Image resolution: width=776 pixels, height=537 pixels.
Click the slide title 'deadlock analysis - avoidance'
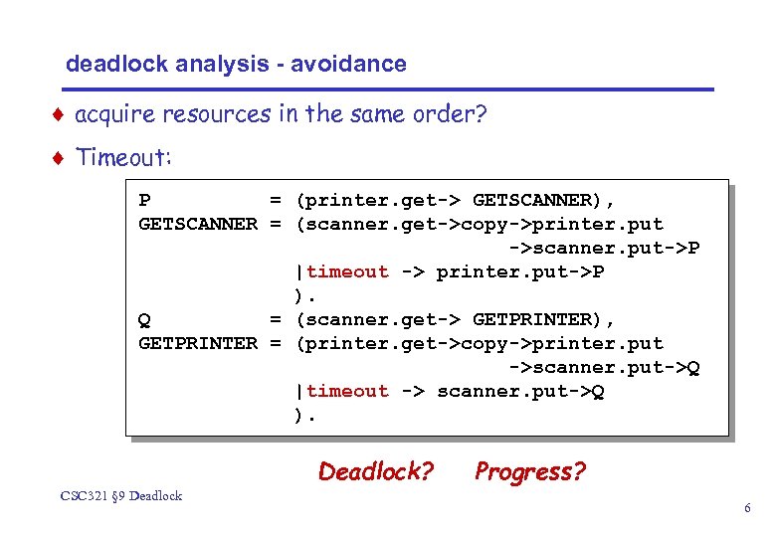coord(236,65)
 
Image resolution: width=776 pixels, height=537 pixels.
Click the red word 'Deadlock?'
coord(376,471)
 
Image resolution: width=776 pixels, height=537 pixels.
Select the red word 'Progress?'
coord(530,471)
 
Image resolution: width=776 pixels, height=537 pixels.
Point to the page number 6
coord(746,509)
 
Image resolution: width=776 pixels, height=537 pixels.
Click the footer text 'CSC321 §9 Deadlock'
coord(120,495)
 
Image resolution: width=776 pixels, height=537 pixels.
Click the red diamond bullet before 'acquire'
coord(60,114)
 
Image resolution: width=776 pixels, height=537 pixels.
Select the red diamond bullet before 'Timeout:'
coord(60,157)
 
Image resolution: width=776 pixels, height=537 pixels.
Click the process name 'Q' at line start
coord(145,320)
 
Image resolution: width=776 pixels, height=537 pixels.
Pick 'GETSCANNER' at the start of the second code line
coord(197,225)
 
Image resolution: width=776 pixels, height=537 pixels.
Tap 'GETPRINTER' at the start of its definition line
coord(197,344)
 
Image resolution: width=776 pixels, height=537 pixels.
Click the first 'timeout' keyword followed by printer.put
coord(348,272)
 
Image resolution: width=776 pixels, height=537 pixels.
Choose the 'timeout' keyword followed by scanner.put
coord(348,392)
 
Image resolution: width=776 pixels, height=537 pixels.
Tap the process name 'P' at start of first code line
coord(145,201)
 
